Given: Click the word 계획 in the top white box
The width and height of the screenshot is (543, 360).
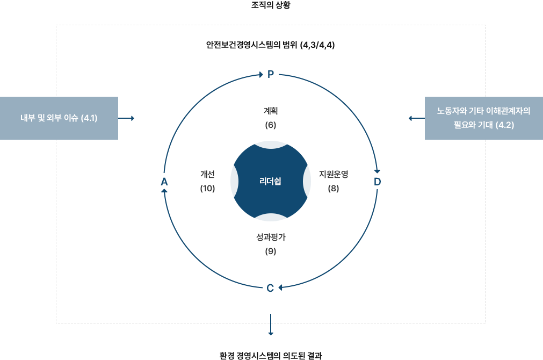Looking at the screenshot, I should [270, 111].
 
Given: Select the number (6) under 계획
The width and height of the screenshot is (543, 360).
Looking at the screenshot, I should [270, 125].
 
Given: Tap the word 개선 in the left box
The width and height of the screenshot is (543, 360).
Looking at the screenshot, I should [207, 174].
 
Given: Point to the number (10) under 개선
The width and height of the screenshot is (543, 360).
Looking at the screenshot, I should [207, 189].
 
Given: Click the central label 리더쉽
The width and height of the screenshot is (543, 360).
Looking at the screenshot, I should [270, 181].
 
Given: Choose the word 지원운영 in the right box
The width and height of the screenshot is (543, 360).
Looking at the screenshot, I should [334, 174].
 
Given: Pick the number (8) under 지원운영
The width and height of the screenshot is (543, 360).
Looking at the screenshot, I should [334, 189].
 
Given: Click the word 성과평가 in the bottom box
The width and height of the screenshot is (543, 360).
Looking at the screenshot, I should [270, 237].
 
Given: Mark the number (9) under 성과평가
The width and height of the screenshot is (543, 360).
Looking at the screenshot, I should [270, 251].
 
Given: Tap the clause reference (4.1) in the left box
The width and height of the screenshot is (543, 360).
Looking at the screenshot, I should [89, 118].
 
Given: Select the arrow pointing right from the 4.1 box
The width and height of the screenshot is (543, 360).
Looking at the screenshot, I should [127, 118].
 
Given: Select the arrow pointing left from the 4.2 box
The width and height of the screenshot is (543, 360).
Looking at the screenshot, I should [416, 118].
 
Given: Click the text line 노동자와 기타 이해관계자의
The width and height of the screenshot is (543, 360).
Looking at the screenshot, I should [483, 111].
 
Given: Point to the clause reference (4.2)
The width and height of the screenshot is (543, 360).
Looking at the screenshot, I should [504, 125].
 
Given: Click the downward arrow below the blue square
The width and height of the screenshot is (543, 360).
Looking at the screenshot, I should [271, 325].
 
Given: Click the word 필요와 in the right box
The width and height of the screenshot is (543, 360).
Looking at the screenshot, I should [466, 125].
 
